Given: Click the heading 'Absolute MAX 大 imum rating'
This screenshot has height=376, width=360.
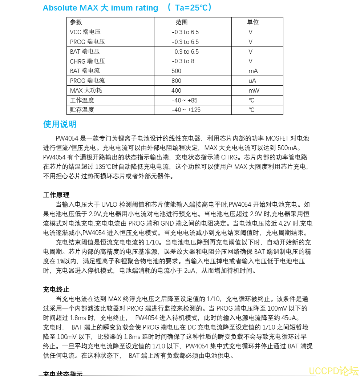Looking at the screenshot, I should coord(101,8).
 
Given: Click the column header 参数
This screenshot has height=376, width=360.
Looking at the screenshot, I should coord(76,22).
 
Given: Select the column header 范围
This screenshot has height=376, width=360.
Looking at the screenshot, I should coord(182,22).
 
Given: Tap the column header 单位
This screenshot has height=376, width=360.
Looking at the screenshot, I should coord(253,22).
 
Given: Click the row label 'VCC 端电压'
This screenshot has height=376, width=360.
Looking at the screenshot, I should coord(85,32).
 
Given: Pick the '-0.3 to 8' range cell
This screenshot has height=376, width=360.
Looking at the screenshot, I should coord(183,61).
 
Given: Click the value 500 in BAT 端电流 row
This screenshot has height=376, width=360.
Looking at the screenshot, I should coord(176,71).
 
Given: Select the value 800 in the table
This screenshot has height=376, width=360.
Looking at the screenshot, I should coord(176,81).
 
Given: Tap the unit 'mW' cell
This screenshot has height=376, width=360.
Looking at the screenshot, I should coord(254,90).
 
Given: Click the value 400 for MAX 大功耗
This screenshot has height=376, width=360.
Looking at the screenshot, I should coord(176,90).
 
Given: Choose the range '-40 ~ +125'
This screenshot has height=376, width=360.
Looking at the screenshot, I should coord(186,110).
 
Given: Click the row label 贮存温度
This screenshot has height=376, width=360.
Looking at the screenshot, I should coord(82,110).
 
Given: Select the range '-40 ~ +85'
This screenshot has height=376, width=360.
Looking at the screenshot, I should coord(185,100).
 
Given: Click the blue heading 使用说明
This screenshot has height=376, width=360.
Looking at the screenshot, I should coord(60,124).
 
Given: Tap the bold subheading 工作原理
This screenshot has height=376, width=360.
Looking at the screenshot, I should coord(56,195).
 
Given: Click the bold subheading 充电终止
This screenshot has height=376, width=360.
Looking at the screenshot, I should coord(56,290).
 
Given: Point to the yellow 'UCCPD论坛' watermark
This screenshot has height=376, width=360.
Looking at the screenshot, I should coord(333,371).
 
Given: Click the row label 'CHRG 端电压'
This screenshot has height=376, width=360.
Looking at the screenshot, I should coord(87,61).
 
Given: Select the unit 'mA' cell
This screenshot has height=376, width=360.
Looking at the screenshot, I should coord(253,71).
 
